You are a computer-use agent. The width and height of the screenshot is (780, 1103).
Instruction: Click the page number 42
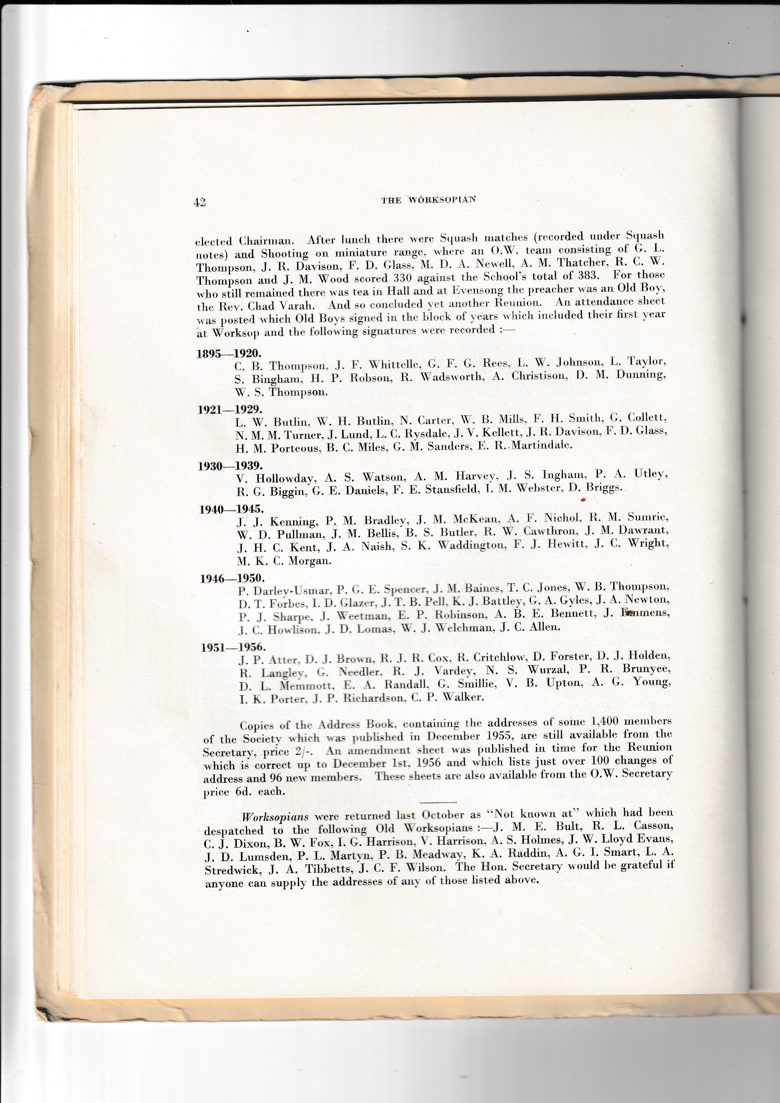pos(199,202)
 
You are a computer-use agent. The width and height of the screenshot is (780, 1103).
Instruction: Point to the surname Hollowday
pos(286,478)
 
